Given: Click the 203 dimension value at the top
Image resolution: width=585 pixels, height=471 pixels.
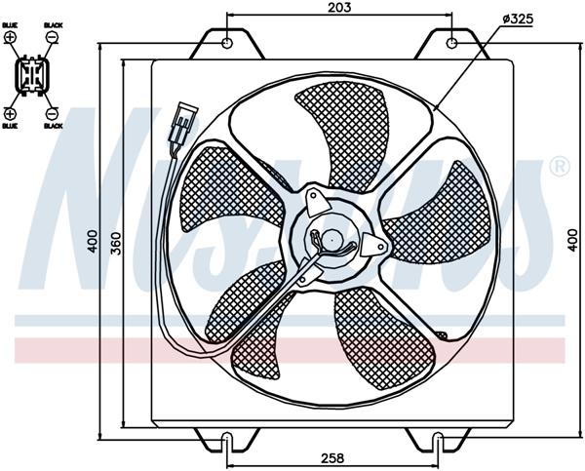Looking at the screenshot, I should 339,7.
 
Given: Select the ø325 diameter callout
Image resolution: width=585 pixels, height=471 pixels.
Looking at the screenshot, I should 518,19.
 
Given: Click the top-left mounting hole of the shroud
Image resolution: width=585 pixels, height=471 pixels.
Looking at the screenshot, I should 227,43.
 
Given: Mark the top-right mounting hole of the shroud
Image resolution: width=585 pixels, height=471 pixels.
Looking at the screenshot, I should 452,43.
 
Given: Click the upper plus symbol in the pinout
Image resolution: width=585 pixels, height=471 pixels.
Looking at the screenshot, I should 11,37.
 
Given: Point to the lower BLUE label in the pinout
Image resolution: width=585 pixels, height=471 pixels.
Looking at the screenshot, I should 11,126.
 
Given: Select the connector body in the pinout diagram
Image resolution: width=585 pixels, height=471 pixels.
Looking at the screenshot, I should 31,75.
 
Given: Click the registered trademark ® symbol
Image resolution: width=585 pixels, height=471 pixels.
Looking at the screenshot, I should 559,167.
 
